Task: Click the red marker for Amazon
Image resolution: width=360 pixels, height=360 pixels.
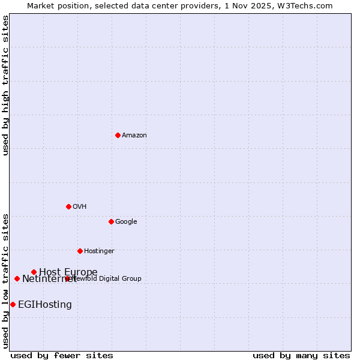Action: [118, 135]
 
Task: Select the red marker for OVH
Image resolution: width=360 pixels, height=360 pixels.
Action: [68, 206]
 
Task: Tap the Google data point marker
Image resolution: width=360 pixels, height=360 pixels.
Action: [111, 221]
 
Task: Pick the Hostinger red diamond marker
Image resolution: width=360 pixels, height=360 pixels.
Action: [80, 251]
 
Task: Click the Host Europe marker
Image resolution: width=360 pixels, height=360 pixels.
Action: [34, 272]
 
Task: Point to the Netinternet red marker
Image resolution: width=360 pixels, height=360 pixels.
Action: [17, 278]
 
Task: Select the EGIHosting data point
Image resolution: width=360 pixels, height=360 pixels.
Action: [13, 304]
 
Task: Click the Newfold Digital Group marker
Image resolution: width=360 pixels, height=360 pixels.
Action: [67, 278]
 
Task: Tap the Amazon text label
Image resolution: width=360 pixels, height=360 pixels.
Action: [134, 136]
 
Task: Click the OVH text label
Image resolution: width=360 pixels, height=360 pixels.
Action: [80, 207]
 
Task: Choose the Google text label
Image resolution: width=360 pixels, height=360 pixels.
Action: [126, 222]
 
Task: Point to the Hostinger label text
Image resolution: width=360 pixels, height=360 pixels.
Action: [99, 251]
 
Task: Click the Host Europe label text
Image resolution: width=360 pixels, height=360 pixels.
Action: [68, 272]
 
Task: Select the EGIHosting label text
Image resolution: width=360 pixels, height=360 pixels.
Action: [45, 305]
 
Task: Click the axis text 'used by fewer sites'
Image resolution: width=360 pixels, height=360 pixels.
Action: [62, 355]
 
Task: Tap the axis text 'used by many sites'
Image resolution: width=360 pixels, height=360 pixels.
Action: [301, 355]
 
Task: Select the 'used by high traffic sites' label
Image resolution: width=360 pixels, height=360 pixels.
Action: [5, 85]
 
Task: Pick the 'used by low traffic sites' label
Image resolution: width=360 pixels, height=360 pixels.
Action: [5, 280]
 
